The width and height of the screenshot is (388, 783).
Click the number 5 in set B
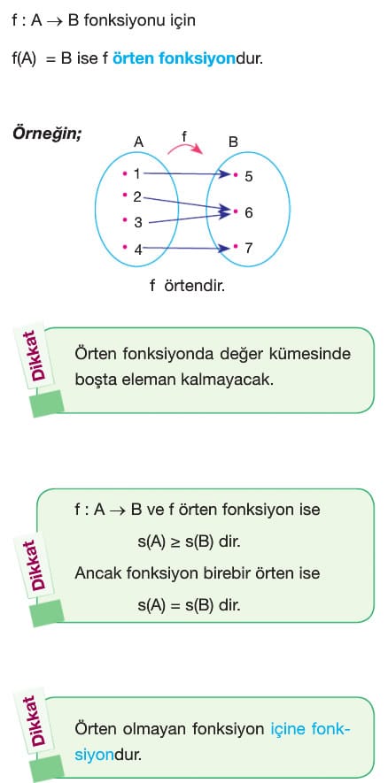click(x=249, y=176)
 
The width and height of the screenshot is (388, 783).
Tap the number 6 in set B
click(x=249, y=213)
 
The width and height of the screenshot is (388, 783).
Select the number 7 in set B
click(x=249, y=249)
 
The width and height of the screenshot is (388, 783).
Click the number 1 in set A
click(x=137, y=173)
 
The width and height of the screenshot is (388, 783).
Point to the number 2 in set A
click(x=137, y=197)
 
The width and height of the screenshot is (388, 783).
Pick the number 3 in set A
click(x=138, y=223)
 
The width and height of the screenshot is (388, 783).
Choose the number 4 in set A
click(x=138, y=249)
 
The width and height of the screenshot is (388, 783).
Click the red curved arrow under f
click(x=185, y=144)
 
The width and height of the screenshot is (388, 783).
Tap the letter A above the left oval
click(x=138, y=142)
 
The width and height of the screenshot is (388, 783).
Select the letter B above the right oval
click(x=233, y=142)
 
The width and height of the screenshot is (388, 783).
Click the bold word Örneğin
click(x=47, y=134)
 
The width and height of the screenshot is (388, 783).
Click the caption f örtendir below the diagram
click(x=188, y=287)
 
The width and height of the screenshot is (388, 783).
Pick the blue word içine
click(x=288, y=730)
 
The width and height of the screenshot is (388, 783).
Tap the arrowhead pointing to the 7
click(x=226, y=248)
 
